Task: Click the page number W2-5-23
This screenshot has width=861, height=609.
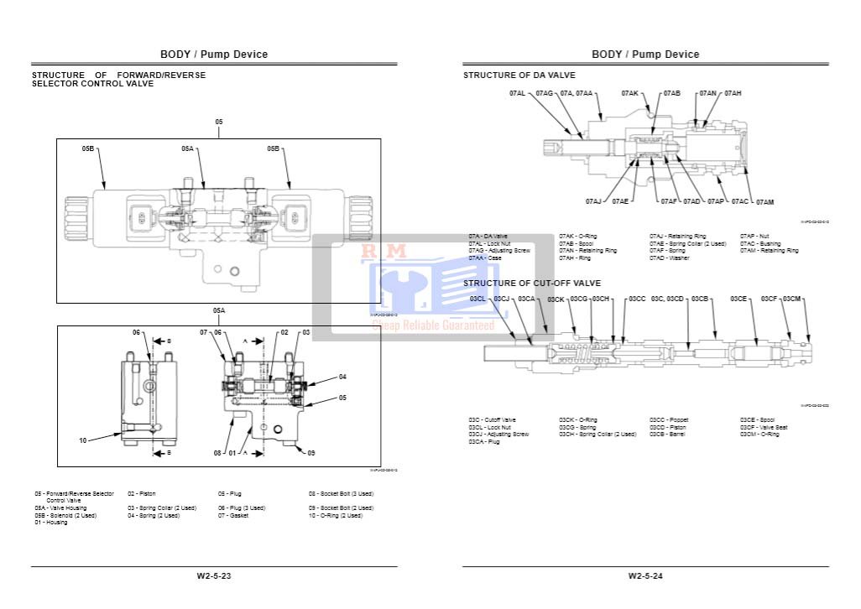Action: (214, 575)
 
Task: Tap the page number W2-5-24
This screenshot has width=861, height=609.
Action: (645, 575)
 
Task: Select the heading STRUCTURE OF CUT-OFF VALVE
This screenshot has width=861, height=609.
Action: (532, 284)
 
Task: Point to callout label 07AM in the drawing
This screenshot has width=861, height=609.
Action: (764, 202)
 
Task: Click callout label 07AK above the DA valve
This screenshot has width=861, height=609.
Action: (629, 93)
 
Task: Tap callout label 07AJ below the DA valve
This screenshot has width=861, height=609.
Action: (593, 201)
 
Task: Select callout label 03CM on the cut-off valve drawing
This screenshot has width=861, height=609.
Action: (793, 299)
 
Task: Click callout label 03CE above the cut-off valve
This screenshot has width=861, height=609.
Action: (738, 299)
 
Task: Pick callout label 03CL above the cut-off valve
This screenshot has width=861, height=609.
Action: (477, 299)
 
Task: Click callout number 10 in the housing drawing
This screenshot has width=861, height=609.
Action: (83, 440)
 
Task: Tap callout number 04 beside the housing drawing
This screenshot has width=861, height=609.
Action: (342, 377)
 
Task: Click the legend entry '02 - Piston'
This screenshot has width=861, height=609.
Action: (142, 494)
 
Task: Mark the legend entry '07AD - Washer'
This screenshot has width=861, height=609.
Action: (670, 258)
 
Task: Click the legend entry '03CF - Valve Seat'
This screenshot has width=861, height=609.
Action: (763, 427)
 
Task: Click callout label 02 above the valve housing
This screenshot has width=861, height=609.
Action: (284, 333)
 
